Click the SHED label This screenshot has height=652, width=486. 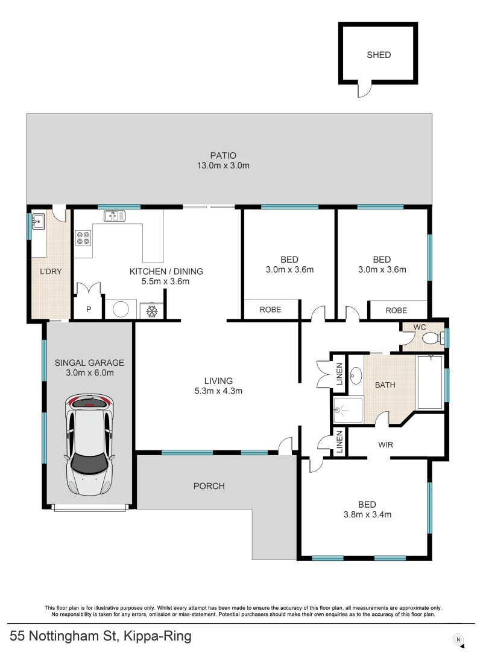(379, 55)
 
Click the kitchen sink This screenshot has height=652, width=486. (113, 215)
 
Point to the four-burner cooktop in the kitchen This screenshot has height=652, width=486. (83, 237)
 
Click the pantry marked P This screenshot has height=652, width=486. (89, 309)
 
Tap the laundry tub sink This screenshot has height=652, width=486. (39, 222)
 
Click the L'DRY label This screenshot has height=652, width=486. (51, 272)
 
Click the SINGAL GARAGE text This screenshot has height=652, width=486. (89, 363)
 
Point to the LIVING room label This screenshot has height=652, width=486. (218, 380)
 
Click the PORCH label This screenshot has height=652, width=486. (209, 485)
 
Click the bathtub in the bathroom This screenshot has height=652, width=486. (430, 383)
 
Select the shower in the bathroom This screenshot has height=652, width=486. (347, 411)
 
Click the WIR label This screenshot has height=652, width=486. (386, 445)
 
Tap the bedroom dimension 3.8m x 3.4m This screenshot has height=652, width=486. (367, 515)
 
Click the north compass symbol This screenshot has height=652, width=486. (458, 639)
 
